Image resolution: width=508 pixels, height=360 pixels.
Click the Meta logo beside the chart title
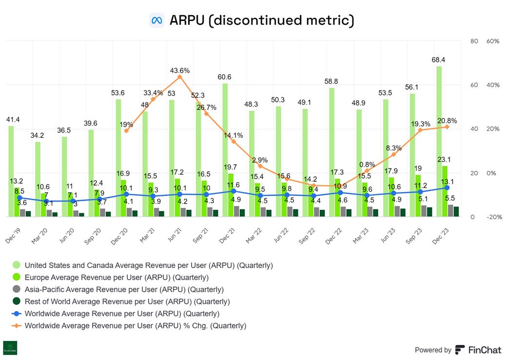[156, 20]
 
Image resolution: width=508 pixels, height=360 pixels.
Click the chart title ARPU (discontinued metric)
[261, 20]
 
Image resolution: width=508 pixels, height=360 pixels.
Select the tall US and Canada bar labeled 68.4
[439, 141]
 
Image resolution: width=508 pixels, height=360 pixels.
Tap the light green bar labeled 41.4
[11, 171]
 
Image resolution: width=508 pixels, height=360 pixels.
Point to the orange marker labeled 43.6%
[180, 77]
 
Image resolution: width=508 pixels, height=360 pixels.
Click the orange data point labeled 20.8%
[447, 127]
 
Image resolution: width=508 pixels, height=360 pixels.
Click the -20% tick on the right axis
[493, 217]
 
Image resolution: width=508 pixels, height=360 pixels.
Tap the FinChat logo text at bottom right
[485, 350]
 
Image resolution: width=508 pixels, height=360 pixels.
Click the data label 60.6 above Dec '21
[225, 77]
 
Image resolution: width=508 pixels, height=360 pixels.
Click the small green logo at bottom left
[10, 348]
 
